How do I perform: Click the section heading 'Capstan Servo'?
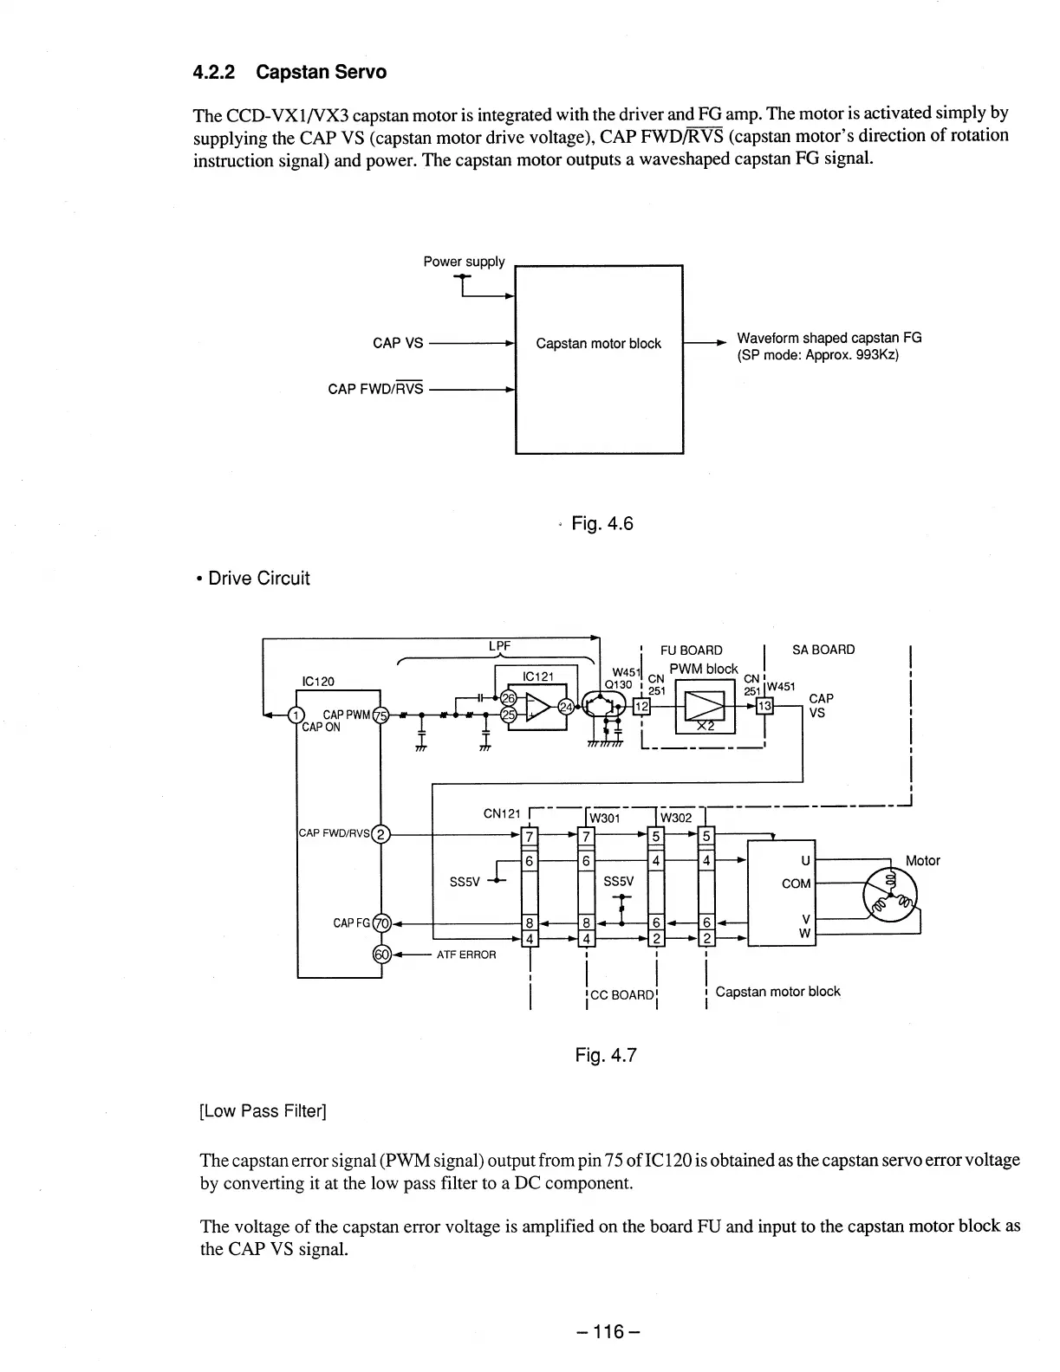pos(321,72)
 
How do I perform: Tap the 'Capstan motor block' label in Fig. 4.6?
pos(598,344)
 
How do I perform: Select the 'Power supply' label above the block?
pos(464,262)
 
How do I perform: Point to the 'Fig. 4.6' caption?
pos(602,523)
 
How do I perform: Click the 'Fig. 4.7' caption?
pos(606,1055)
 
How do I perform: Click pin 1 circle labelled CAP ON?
pos(296,715)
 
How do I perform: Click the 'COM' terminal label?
pos(796,883)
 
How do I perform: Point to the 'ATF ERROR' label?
pos(465,955)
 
